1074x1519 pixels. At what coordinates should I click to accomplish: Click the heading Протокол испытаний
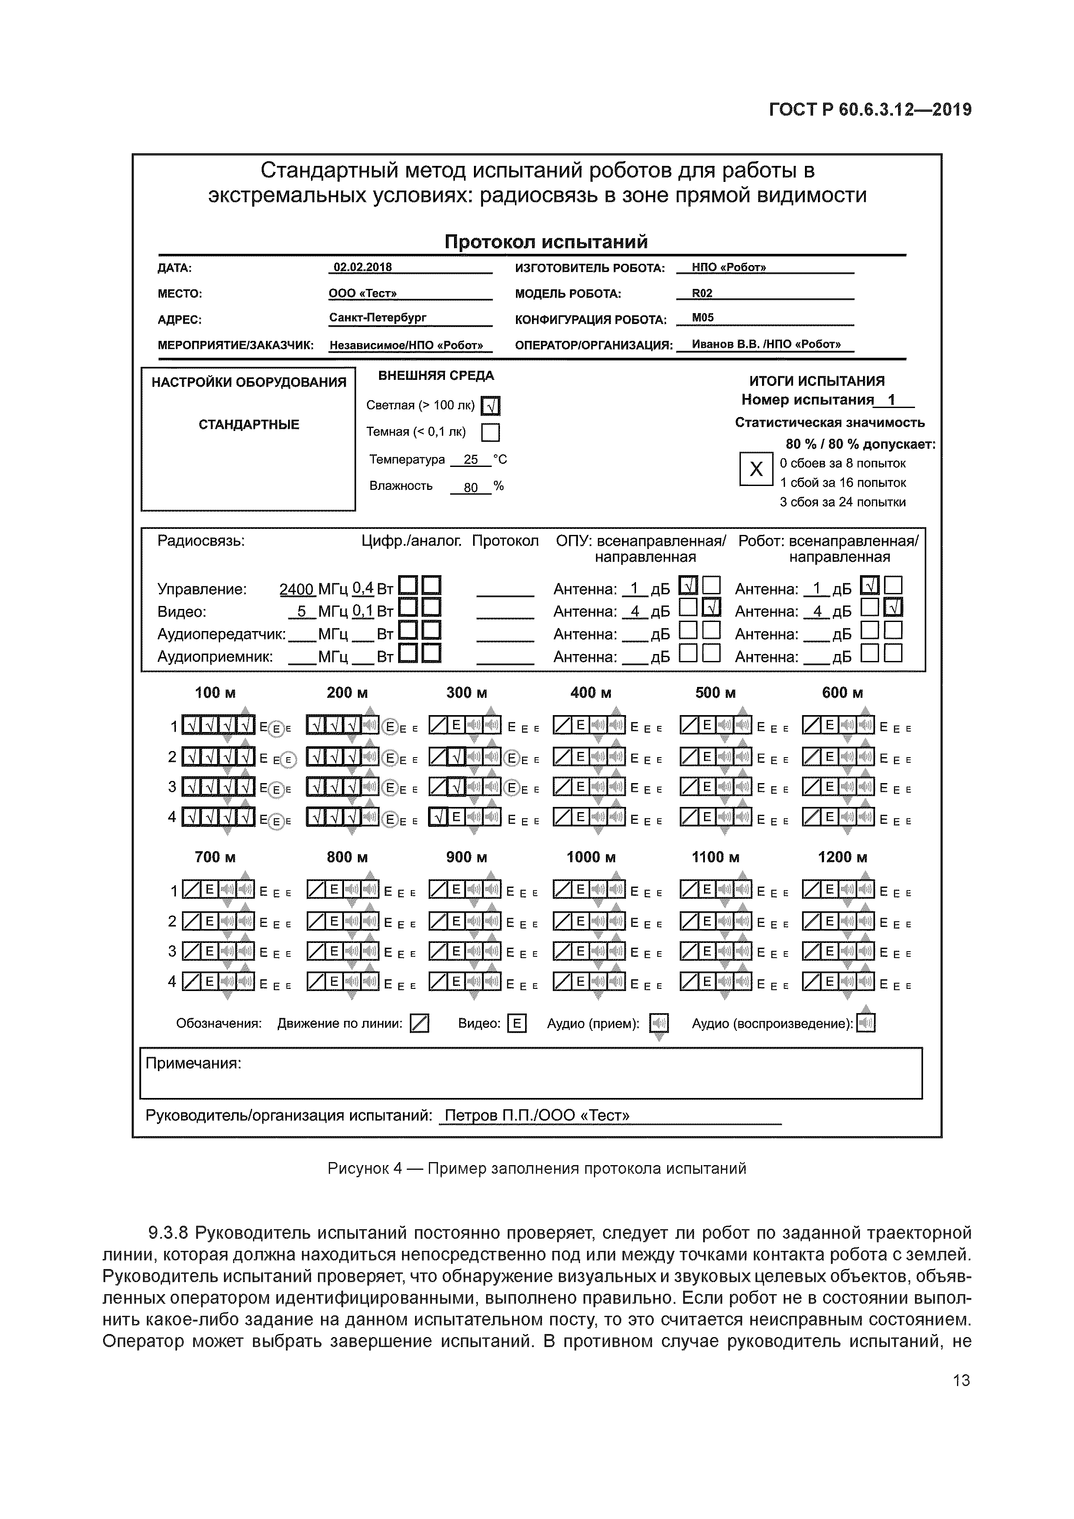point(546,242)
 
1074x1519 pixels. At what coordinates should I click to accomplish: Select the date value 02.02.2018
point(363,267)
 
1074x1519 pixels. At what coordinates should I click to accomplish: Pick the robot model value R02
point(702,293)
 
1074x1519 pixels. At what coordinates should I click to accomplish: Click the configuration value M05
point(703,318)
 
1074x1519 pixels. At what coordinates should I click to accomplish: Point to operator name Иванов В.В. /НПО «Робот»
point(766,345)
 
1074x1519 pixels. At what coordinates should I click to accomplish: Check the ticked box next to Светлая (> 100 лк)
point(490,405)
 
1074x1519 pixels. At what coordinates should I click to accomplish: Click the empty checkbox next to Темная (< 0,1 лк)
point(490,433)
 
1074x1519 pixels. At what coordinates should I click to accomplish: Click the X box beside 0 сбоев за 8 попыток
point(756,470)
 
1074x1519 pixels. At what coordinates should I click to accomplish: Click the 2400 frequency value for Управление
point(296,589)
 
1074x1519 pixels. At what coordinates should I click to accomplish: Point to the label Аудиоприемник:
point(215,657)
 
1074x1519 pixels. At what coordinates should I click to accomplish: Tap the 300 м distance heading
point(467,693)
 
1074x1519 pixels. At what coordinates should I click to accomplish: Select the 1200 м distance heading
point(842,858)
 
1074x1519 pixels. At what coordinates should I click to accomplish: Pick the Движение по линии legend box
point(419,1024)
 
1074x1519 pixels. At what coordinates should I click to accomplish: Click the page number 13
point(961,1381)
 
